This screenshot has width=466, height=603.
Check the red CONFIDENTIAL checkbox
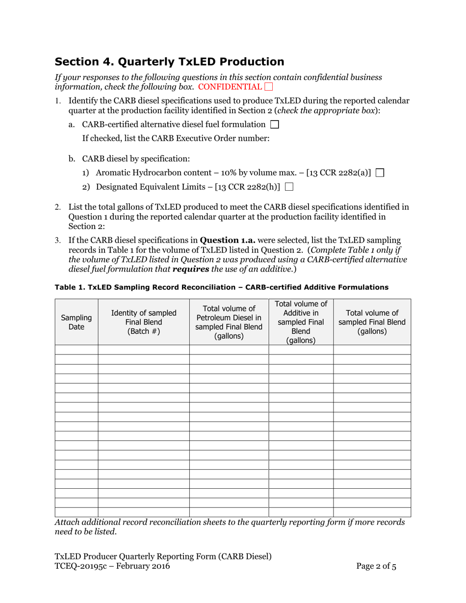[268, 87]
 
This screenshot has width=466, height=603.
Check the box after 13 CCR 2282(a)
[380, 173]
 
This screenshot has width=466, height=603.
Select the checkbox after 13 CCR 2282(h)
[289, 186]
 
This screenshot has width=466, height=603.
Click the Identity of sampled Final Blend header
[144, 322]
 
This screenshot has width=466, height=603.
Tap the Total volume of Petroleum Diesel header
[229, 322]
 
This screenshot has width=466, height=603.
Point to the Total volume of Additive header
[301, 322]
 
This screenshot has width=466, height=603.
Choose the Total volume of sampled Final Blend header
[372, 322]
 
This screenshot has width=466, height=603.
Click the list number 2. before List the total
[57, 208]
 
